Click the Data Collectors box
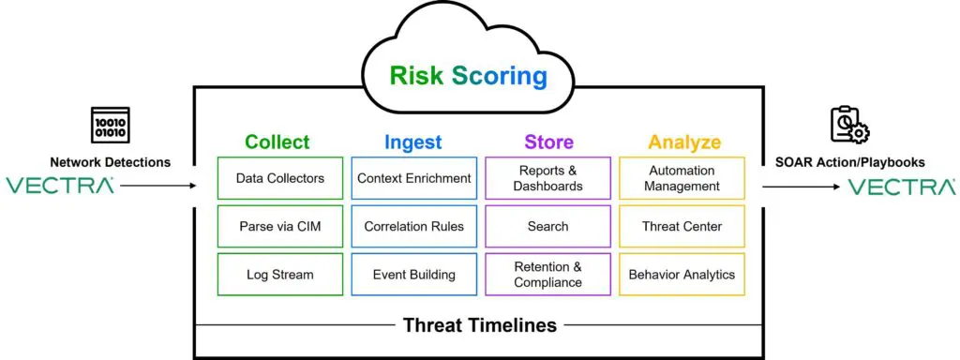[x=279, y=178]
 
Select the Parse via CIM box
[x=279, y=227]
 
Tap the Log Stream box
[x=279, y=275]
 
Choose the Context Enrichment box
[x=413, y=178]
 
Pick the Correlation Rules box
[x=413, y=227]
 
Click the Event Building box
[x=413, y=275]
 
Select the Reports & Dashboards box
[x=547, y=178]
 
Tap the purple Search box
[x=547, y=227]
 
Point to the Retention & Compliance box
[x=547, y=275]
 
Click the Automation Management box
[x=682, y=178]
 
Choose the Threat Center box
[x=682, y=227]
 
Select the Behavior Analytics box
[x=682, y=275]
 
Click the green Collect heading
[x=277, y=142]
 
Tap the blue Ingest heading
[x=413, y=142]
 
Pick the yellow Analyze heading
[x=684, y=142]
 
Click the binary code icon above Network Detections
[x=111, y=125]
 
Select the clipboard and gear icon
[x=850, y=126]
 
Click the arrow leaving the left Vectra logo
[x=158, y=185]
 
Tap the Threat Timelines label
[x=479, y=325]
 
